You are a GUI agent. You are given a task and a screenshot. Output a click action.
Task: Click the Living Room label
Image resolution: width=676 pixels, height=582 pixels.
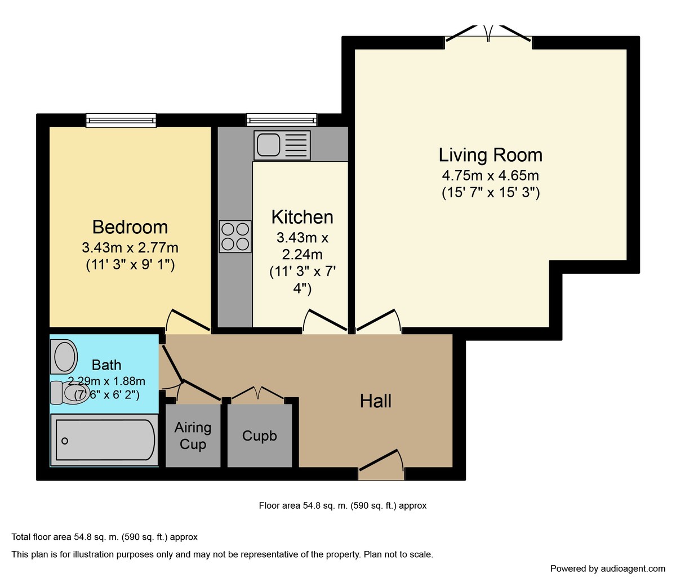[490, 155]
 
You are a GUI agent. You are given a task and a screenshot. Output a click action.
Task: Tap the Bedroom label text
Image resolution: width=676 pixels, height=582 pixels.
[130, 227]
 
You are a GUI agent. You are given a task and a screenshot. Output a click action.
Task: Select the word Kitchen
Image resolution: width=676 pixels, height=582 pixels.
[302, 217]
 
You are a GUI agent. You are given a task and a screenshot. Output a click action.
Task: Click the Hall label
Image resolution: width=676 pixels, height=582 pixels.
[376, 401]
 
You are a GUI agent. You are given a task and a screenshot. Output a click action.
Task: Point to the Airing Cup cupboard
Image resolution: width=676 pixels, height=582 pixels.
[193, 436]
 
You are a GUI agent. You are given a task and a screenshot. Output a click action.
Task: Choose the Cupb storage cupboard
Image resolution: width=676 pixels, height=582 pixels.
[260, 436]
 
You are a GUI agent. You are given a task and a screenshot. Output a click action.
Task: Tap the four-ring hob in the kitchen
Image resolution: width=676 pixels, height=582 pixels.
[235, 236]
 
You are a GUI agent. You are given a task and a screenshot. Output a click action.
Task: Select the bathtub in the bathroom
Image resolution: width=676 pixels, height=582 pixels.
[104, 439]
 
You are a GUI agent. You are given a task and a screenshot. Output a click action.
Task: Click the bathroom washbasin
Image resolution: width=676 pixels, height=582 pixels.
[65, 356]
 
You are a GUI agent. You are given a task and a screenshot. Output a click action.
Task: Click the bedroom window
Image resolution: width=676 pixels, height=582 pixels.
[121, 119]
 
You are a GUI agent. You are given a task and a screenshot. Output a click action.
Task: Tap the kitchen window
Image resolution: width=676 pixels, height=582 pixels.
[282, 119]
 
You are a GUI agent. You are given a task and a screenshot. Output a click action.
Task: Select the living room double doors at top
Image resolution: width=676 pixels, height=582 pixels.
[488, 35]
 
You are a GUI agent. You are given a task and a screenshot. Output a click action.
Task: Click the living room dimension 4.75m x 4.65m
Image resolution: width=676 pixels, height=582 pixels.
[490, 175]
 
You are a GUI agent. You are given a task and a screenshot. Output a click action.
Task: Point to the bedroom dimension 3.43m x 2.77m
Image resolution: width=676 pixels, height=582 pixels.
[130, 247]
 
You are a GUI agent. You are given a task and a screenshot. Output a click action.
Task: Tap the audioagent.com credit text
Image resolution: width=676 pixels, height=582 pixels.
[608, 568]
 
